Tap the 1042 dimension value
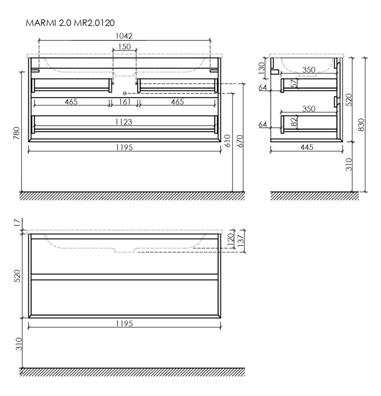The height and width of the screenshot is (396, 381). (x=124, y=36)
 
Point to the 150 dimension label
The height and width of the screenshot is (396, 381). (x=124, y=47)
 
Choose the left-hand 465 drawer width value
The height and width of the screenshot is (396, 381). (x=71, y=102)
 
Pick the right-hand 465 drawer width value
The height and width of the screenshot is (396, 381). (x=177, y=102)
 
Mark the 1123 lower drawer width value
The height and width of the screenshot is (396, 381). (x=124, y=121)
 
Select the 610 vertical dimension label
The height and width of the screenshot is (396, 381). (x=228, y=141)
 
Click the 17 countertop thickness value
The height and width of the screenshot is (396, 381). (x=16, y=222)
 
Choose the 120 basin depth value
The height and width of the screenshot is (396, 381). (x=230, y=238)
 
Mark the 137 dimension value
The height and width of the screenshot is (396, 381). (x=241, y=241)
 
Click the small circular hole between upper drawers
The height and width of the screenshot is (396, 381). (x=125, y=93)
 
